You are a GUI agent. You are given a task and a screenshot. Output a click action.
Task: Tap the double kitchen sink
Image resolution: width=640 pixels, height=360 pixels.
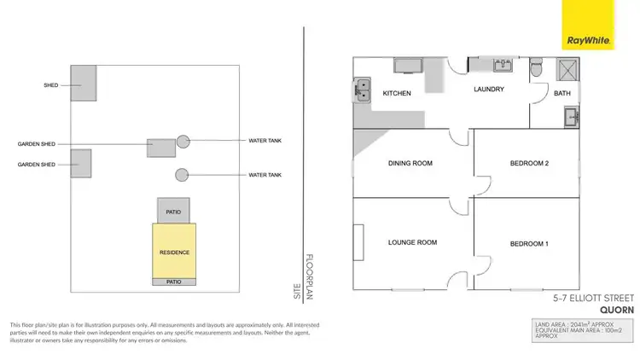click(x=361, y=85)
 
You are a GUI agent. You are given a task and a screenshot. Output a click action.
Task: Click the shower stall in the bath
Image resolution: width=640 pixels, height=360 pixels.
click(x=565, y=69)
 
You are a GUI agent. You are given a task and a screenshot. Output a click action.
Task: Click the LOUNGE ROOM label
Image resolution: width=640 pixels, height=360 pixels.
click(x=412, y=242)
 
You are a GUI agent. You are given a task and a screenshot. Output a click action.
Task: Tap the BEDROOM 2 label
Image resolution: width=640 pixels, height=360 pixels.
click(x=528, y=164)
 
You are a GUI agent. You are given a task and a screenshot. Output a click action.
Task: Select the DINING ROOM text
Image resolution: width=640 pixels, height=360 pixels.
click(x=410, y=164)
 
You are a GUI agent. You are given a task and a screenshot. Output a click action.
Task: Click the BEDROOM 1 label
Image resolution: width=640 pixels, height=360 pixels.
click(x=528, y=245)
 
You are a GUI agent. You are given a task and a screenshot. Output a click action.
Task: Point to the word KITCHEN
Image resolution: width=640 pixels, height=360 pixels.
click(x=398, y=93)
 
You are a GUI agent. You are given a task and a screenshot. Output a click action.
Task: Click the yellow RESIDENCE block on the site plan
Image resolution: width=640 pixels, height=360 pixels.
click(x=174, y=253)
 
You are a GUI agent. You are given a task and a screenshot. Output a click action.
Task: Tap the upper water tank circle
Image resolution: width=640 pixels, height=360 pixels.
click(x=183, y=141)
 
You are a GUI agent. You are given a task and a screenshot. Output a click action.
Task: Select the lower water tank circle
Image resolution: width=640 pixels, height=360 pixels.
click(x=182, y=175)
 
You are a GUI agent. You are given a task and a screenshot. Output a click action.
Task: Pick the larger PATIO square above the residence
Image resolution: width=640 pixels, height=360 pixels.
click(x=173, y=211)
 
